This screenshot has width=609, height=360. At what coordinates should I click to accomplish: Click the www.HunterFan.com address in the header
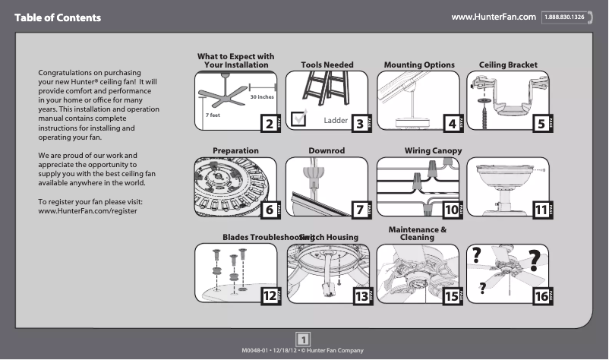pyautogui.click(x=494, y=17)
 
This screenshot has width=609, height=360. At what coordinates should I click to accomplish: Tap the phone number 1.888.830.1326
pyautogui.click(x=563, y=17)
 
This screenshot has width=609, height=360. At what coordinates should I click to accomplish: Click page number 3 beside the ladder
pyautogui.click(x=361, y=123)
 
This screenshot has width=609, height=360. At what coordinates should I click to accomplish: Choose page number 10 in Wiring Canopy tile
pyautogui.click(x=452, y=210)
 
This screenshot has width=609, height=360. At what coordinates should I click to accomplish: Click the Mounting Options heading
pyautogui.click(x=419, y=65)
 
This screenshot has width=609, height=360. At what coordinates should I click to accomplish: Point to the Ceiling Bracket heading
pyautogui.click(x=508, y=65)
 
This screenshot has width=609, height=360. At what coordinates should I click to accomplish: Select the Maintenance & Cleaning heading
pyautogui.click(x=417, y=233)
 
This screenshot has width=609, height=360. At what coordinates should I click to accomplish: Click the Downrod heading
pyautogui.click(x=327, y=151)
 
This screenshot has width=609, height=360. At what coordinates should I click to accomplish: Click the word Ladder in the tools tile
pyautogui.click(x=335, y=120)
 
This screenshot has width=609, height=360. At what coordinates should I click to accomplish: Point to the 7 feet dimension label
pyautogui.click(x=213, y=115)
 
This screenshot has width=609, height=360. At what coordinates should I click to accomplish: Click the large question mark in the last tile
pyautogui.click(x=535, y=260)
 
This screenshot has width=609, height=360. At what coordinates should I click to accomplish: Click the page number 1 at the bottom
pyautogui.click(x=303, y=339)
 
